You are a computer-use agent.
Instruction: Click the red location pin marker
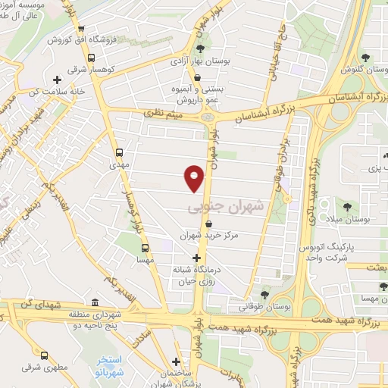pos(195,177)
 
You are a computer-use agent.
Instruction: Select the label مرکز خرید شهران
pos(208,236)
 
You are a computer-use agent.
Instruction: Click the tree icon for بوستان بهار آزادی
pos(200,49)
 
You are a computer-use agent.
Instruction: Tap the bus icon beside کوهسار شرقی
pos(91,58)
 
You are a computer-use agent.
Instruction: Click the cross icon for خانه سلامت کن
pos(57,80)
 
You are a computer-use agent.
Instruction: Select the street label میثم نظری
pos(165,113)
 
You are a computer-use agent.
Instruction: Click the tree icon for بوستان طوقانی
pos(265,294)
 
